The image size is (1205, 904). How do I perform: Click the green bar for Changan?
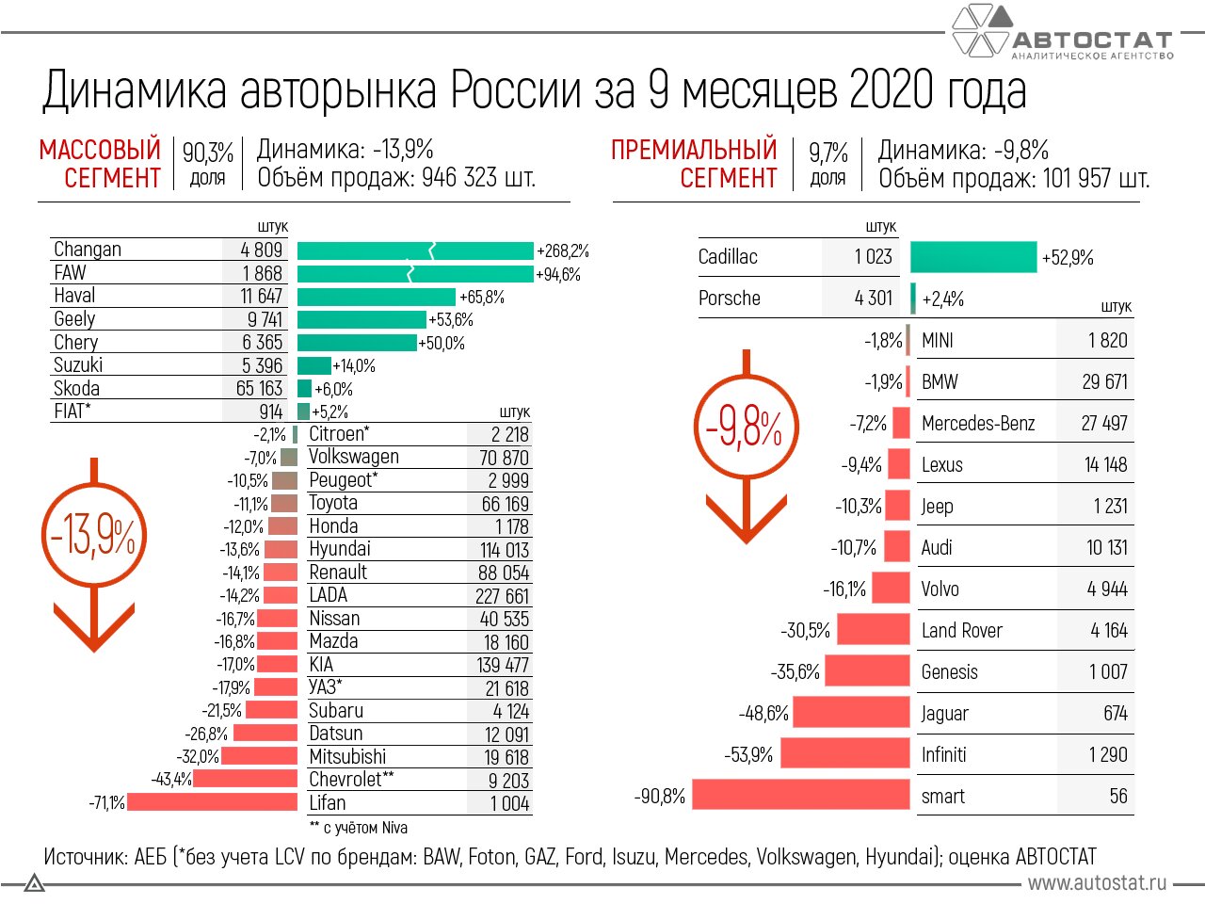pyautogui.click(x=414, y=250)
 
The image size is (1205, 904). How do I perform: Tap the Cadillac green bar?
pyautogui.click(x=973, y=257)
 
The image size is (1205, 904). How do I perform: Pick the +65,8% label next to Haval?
pyautogui.click(x=481, y=298)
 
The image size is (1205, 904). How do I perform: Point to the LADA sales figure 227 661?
pyautogui.click(x=502, y=596)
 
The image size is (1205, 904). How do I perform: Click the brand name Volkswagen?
pyautogui.click(x=354, y=457)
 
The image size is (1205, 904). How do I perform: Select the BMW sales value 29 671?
pyautogui.click(x=1104, y=382)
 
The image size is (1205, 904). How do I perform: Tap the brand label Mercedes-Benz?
pyautogui.click(x=977, y=424)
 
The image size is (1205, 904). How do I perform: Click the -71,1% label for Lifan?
pyautogui.click(x=106, y=803)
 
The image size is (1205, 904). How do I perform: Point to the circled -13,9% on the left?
pyautogui.click(x=92, y=537)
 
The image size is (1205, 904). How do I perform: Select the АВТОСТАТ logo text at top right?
pyautogui.click(x=1092, y=40)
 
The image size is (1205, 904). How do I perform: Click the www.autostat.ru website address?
pyautogui.click(x=1097, y=882)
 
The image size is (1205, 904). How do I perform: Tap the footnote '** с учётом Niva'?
pyautogui.click(x=358, y=828)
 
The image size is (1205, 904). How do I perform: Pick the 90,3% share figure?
pyautogui.click(x=207, y=152)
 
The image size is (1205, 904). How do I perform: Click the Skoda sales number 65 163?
pyautogui.click(x=259, y=389)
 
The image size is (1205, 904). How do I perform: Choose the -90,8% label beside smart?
pyautogui.click(x=659, y=797)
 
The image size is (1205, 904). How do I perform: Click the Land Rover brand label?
pyautogui.click(x=961, y=631)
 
